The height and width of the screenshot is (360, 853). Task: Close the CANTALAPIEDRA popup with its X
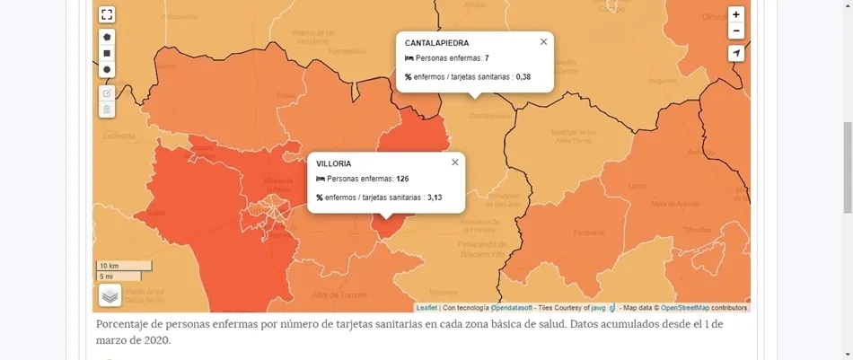(x=543, y=41)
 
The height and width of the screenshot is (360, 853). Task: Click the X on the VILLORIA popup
(x=454, y=162)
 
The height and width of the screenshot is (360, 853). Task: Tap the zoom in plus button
(x=736, y=14)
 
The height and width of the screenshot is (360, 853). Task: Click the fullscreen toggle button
(x=107, y=14)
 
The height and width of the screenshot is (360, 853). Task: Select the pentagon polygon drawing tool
(x=107, y=37)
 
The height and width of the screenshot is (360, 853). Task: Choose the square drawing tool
(x=107, y=53)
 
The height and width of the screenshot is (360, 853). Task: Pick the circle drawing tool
(x=107, y=69)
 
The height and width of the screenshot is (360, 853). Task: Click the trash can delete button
(x=107, y=110)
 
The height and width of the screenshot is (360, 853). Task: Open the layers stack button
(x=110, y=294)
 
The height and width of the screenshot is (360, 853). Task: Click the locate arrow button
(x=736, y=54)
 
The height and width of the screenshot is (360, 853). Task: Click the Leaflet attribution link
(x=426, y=308)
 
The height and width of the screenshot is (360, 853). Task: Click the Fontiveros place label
(x=589, y=233)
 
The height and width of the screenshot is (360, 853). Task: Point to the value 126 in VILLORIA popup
(x=402, y=180)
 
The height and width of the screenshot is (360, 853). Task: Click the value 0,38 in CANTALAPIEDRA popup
(x=523, y=77)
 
